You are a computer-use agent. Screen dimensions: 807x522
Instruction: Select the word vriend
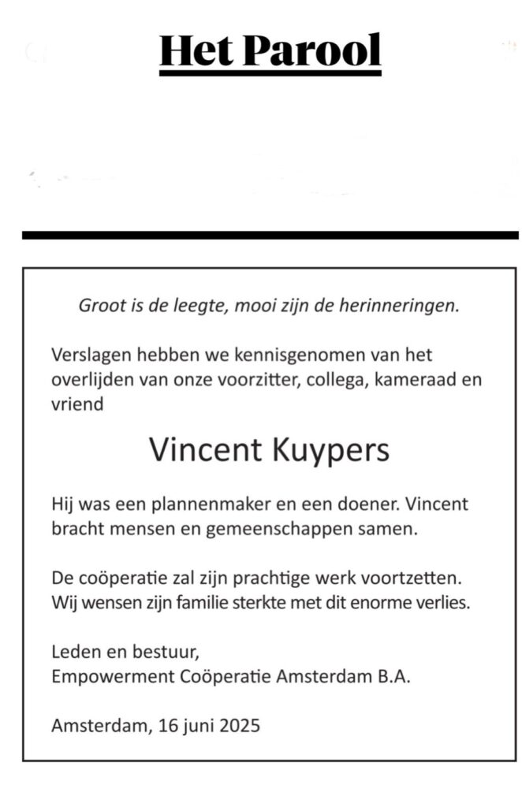pyautogui.click(x=77, y=405)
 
